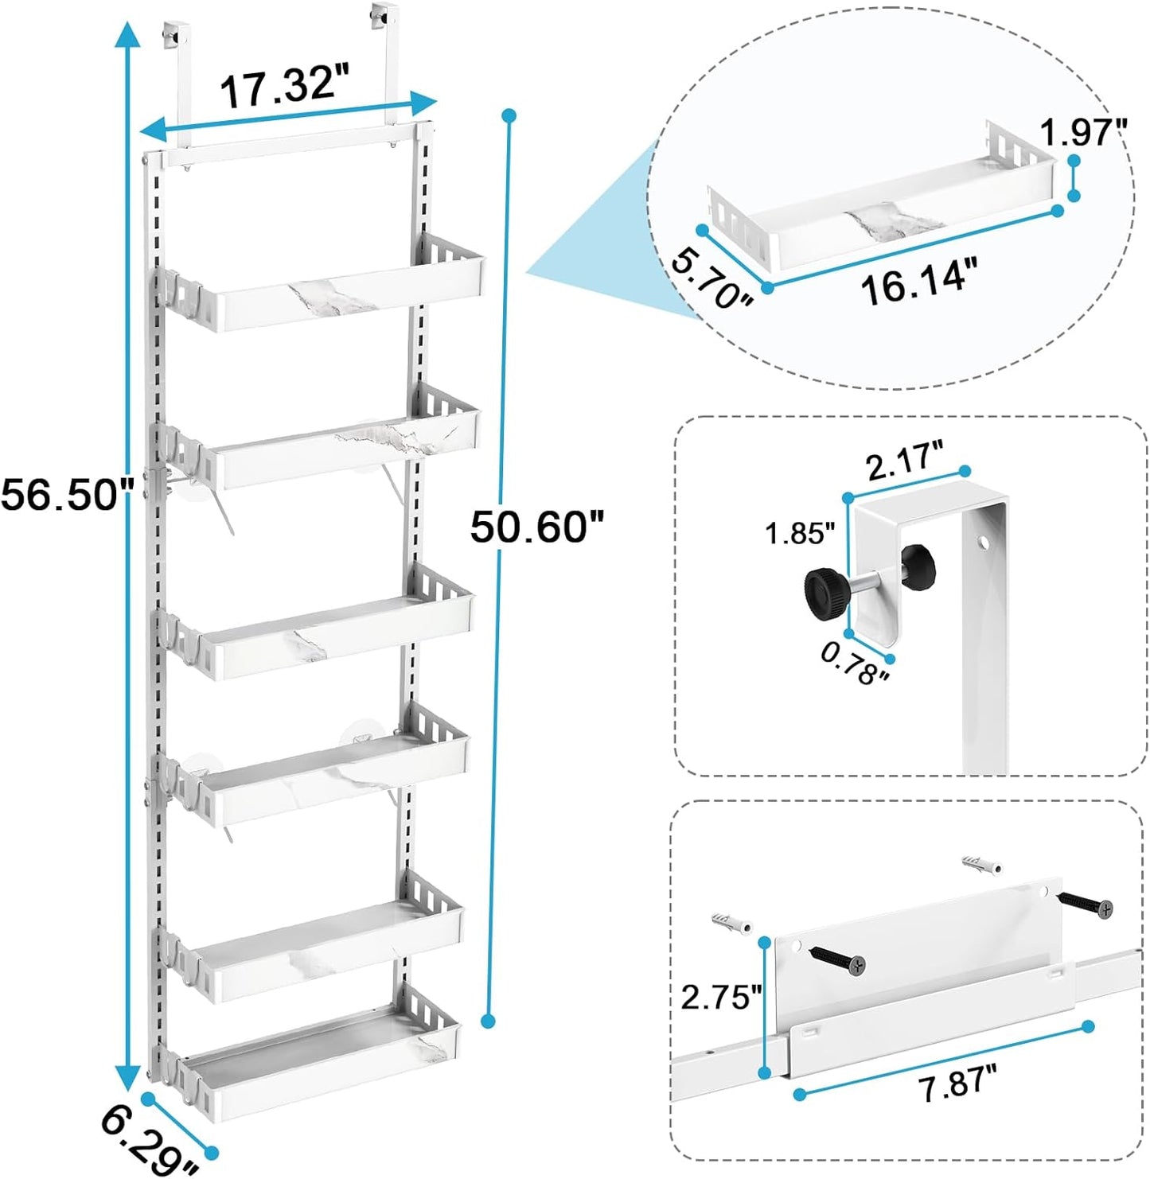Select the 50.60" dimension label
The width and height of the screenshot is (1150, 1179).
pos(537,526)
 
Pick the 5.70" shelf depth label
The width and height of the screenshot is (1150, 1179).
pos(712,278)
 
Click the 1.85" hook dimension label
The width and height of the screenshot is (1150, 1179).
pos(799,533)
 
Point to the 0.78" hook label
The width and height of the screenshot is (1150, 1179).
pos(854,664)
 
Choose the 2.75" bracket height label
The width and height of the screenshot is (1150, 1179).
pos(721,996)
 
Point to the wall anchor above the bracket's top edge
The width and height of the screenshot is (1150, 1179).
pos(980,864)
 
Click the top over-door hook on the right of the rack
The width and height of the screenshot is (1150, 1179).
pos(384,16)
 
